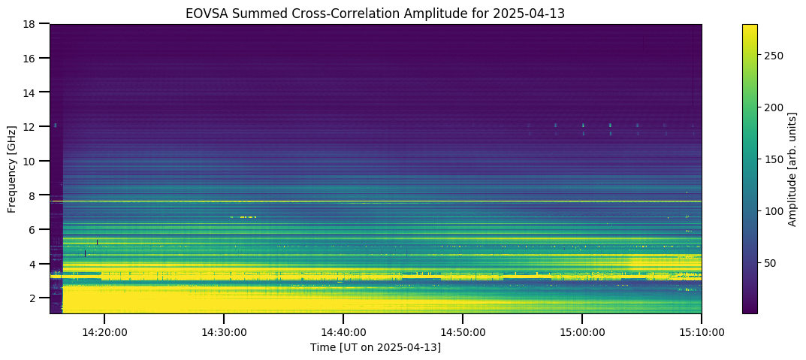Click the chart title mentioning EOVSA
click(376, 14)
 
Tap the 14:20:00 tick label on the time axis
click(104, 333)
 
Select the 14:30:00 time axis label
click(224, 333)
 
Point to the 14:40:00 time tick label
click(343, 333)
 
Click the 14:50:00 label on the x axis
click(463, 333)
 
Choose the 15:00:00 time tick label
click(582, 333)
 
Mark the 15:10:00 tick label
click(701, 333)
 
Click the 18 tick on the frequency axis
click(36, 23)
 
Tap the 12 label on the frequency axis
click(36, 126)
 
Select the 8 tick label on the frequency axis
click(38, 195)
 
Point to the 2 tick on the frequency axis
click(38, 298)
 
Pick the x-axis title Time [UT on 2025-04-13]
click(376, 348)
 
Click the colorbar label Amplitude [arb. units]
click(792, 168)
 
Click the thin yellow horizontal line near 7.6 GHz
click(376, 201)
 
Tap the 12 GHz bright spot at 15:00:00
click(583, 125)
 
